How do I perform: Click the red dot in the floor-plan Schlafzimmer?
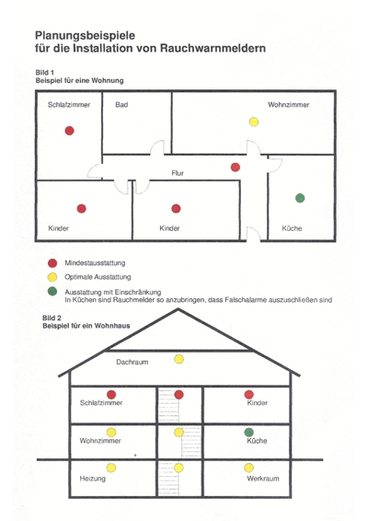tap(69, 131)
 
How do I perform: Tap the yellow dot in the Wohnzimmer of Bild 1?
tap(254, 122)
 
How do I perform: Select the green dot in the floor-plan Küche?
tap(300, 198)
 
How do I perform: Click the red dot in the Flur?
tap(236, 168)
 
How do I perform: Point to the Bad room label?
tap(121, 105)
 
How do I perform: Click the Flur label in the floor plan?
tap(178, 173)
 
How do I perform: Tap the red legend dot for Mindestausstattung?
tap(52, 263)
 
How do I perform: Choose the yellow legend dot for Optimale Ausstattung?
tap(52, 277)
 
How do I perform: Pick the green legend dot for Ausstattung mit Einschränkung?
tap(52, 292)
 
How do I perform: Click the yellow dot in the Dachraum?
tap(179, 359)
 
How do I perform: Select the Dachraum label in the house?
tap(132, 362)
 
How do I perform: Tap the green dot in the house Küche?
tap(248, 433)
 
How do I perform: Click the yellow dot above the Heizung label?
tap(111, 468)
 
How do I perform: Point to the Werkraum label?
tap(263, 479)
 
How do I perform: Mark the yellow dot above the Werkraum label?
tap(248, 468)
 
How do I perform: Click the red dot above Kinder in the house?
tap(248, 394)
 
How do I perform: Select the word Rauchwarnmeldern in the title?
tap(213, 48)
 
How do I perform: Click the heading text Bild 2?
tap(52, 318)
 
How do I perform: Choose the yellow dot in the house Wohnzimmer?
tap(111, 433)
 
